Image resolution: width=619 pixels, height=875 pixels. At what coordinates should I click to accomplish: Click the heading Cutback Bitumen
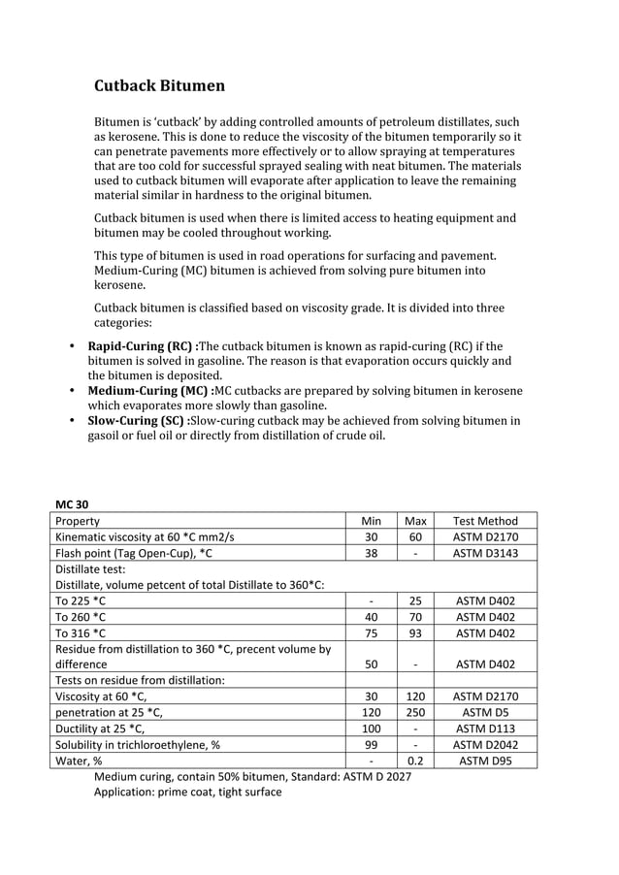point(159,86)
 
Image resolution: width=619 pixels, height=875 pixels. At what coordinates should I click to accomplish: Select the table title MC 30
point(73,503)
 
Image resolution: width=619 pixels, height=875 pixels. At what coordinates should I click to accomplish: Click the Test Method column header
point(485,521)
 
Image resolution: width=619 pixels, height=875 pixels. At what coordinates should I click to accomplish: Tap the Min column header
point(371,521)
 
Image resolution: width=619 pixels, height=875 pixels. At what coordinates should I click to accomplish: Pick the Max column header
point(415,521)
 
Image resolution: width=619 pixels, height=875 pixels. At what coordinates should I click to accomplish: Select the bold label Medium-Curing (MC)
point(149,391)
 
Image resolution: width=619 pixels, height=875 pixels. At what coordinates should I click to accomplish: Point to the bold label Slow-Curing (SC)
point(138,421)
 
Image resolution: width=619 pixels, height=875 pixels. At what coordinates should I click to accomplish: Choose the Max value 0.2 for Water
point(415,761)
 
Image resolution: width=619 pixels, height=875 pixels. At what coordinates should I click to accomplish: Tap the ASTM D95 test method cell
point(485,761)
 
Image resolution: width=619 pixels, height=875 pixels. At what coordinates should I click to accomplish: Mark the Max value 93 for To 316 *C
point(415,632)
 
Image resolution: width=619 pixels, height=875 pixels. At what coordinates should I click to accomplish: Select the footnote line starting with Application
point(187,792)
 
